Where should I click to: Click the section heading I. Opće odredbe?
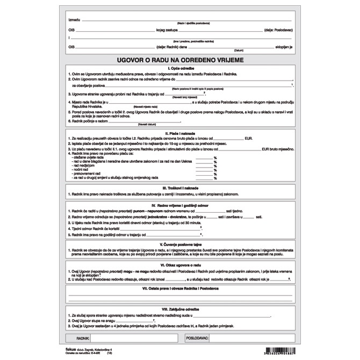180,69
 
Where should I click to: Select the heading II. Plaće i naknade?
180,133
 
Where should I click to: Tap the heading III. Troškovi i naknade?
180,188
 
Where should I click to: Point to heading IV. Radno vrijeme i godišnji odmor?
180,205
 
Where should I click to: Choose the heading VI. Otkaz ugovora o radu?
180,265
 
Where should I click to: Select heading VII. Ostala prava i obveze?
180,288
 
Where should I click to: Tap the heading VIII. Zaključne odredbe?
180,309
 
